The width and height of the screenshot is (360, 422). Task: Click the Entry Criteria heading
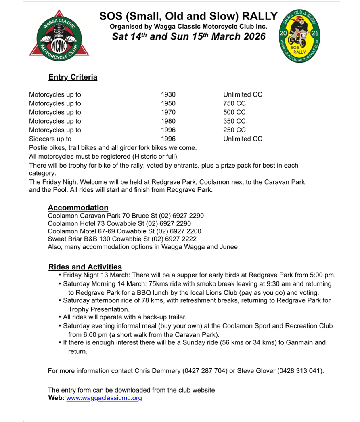coord(73,77)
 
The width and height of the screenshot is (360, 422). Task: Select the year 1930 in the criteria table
coord(168,94)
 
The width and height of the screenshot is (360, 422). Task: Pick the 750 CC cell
coord(234,103)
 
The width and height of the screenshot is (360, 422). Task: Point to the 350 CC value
coord(234,121)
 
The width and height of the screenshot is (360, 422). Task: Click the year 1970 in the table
coord(168,112)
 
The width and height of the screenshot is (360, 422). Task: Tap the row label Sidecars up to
coord(50,139)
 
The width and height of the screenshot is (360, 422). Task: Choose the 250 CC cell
coord(234,130)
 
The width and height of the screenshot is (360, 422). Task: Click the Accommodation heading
coord(78,208)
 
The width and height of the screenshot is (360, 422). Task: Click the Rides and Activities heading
coord(85,267)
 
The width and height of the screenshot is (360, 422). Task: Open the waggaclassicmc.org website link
coord(104,398)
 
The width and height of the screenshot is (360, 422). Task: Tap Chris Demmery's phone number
coord(205,371)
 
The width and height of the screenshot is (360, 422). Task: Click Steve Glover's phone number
coord(300,371)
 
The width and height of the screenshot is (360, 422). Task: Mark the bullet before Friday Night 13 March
coord(60,275)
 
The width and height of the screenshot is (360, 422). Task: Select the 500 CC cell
coord(234,112)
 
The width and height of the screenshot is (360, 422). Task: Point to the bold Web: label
coord(56,398)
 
